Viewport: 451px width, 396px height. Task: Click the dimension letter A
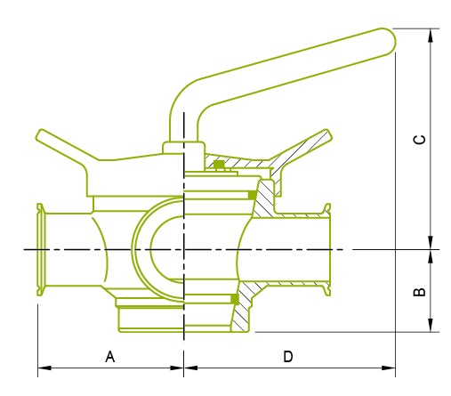click(x=110, y=357)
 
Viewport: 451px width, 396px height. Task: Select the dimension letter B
click(x=421, y=291)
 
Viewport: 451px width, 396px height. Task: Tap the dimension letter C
click(x=421, y=140)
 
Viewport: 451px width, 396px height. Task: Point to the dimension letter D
click(x=288, y=357)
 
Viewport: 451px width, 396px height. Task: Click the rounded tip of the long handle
click(x=384, y=38)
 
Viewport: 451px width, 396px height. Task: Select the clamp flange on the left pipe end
click(x=39, y=250)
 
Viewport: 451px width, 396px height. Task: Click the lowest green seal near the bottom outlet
click(x=235, y=298)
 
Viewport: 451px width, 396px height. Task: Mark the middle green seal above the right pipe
click(x=253, y=193)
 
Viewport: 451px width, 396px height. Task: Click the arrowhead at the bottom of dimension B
click(x=432, y=326)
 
